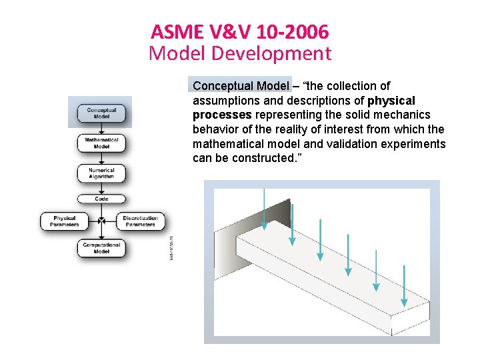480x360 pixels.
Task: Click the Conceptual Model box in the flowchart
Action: coord(101,113)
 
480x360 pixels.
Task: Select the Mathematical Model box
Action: coord(101,143)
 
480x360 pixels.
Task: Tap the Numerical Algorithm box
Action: coord(101,173)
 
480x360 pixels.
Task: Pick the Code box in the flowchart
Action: coord(101,199)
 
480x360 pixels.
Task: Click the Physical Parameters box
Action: coord(65,221)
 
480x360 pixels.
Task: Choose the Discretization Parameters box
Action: coord(140,221)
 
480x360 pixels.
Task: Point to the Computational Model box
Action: coord(101,249)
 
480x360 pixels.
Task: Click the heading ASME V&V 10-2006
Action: coord(239,31)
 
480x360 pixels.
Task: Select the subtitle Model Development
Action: coord(239,53)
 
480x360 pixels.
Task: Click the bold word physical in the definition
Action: coord(391,101)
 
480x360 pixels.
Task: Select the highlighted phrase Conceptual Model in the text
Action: coord(241,86)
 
